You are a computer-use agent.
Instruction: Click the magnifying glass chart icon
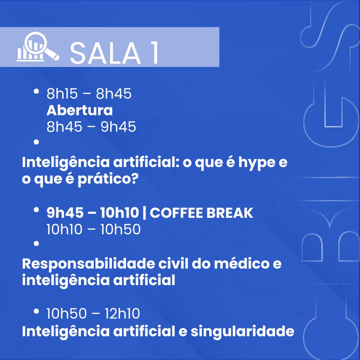pos(38,47)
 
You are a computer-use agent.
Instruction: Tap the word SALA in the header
pos(105,54)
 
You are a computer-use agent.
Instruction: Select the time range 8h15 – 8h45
pos(89,94)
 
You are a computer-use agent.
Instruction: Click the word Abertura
pos(80,110)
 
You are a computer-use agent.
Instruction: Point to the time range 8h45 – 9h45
pos(91,127)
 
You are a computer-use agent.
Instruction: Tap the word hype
pos(257,163)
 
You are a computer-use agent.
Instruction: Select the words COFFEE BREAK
pos(201,213)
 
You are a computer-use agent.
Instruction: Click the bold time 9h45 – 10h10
pos(93,213)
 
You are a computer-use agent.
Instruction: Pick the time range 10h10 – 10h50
pos(94,229)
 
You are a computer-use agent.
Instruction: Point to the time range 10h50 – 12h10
pos(93,314)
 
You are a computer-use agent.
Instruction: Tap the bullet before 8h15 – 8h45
pos(36,91)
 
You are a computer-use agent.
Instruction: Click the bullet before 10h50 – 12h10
pos(36,311)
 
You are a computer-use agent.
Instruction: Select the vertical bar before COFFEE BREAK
pos(144,213)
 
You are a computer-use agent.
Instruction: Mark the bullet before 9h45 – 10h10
pos(36,210)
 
